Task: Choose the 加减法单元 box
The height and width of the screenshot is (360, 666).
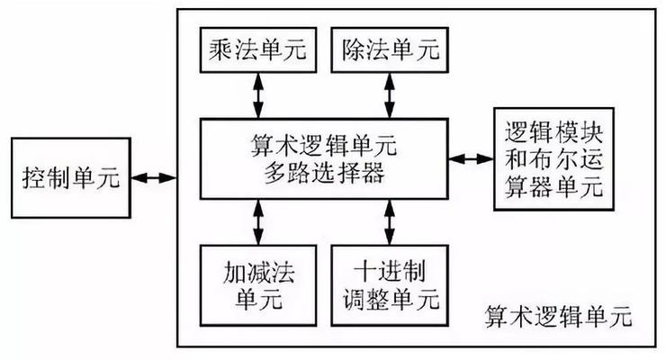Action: [258, 283]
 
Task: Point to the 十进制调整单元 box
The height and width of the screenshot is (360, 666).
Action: [390, 283]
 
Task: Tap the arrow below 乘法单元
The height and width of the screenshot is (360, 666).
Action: [258, 95]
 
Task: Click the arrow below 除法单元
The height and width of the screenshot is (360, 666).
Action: [390, 95]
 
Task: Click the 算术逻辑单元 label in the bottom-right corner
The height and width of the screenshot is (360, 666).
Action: [559, 319]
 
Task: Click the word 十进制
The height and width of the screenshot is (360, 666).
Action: [390, 270]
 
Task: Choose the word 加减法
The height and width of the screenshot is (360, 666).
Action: [258, 270]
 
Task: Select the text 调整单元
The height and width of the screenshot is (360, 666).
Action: [390, 299]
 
